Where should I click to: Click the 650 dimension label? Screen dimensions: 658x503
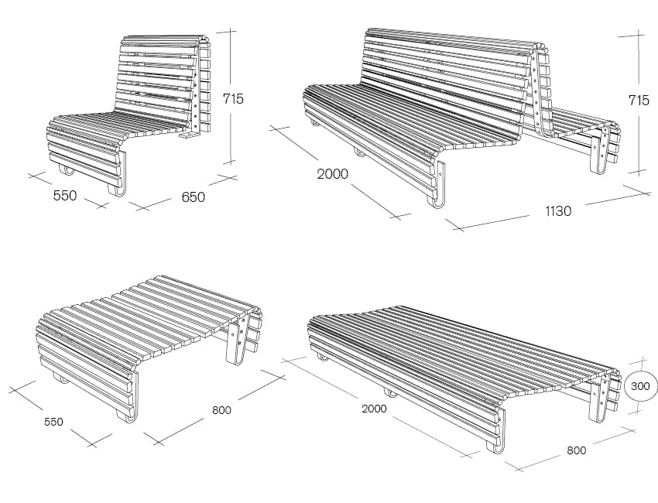[193, 197]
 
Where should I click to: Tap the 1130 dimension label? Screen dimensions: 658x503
[558, 211]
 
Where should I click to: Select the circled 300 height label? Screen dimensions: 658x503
[640, 386]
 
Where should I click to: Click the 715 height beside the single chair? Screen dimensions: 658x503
[233, 99]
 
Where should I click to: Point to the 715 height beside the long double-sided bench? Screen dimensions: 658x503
[639, 101]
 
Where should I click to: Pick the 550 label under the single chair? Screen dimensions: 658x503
[65, 196]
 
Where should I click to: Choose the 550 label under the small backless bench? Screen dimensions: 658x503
[53, 422]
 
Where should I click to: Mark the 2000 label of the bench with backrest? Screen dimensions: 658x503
[332, 173]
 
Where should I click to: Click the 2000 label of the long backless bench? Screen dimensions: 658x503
[374, 409]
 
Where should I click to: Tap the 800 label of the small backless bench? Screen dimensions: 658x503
[221, 409]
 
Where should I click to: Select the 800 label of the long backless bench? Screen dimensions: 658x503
[576, 450]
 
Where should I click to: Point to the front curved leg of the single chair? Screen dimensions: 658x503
[118, 176]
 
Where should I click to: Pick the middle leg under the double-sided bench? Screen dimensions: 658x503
[359, 152]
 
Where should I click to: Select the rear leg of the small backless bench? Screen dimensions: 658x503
[238, 342]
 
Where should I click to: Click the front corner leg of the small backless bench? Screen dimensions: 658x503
[130, 399]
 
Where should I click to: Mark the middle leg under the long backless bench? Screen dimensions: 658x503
[390, 394]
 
